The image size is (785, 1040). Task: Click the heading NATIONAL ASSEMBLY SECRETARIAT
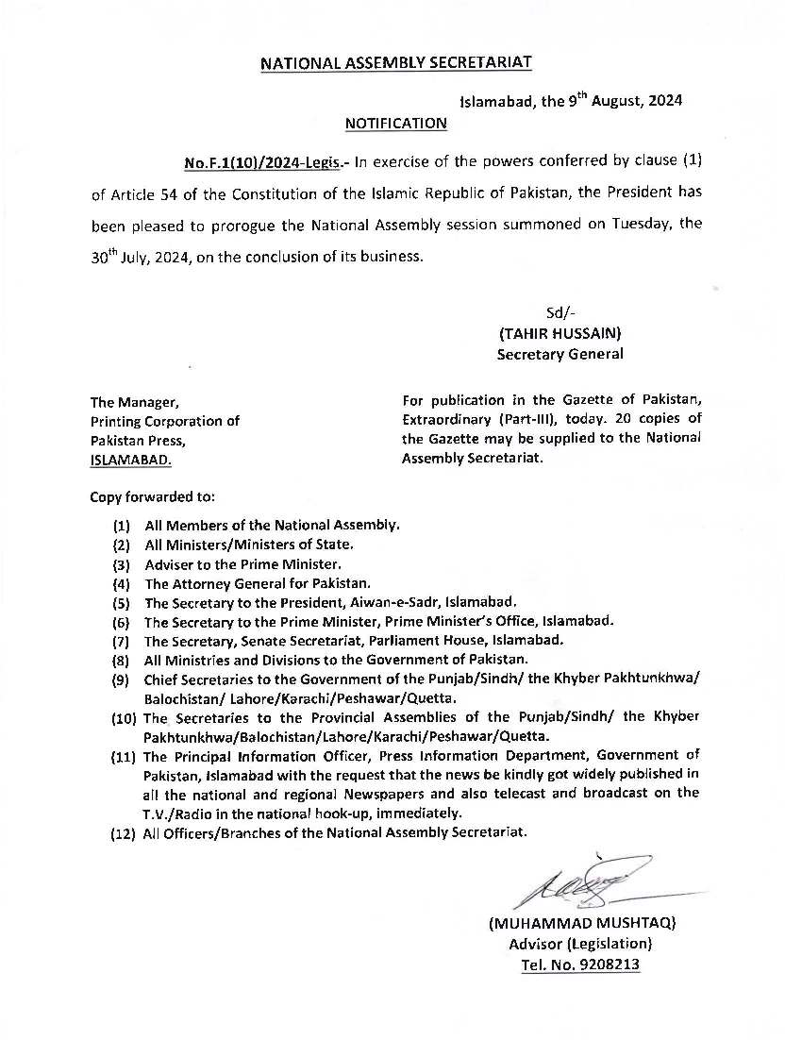[395, 63]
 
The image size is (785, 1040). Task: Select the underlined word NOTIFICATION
[395, 123]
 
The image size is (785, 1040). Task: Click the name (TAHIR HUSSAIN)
[560, 333]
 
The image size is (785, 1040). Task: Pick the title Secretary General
[560, 354]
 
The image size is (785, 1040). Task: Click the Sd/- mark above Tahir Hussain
[560, 312]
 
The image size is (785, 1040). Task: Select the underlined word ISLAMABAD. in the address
[132, 460]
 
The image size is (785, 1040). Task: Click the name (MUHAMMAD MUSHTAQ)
[582, 923]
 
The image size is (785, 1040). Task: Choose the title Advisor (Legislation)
[580, 944]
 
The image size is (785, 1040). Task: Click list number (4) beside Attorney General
[121, 584]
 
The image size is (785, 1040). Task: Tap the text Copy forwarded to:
[152, 495]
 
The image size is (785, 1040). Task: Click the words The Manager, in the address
[128, 402]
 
